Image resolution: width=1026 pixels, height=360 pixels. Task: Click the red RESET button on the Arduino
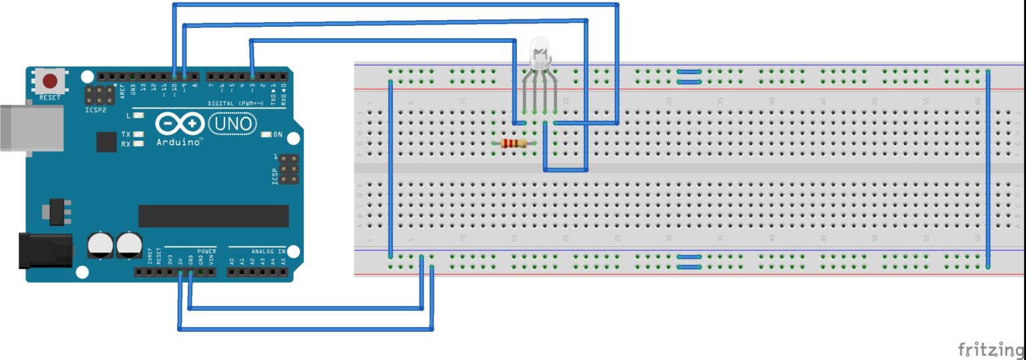[x=50, y=81]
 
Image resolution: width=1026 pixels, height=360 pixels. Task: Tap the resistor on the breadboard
[x=513, y=143]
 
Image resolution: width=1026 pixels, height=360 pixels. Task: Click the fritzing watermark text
[x=991, y=349]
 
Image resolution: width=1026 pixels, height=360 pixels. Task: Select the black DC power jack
[x=45, y=250]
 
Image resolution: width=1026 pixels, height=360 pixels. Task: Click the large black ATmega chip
[x=213, y=216]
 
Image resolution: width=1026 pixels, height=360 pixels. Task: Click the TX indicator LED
[x=138, y=134]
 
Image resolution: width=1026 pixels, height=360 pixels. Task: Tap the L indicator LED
[x=138, y=116]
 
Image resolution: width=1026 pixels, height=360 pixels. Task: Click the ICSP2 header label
[x=96, y=109]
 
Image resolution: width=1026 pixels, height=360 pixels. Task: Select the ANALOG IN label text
[x=268, y=251]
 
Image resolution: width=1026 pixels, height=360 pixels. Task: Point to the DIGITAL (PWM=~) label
[x=236, y=104]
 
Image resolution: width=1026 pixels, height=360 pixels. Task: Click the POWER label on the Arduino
[x=206, y=251]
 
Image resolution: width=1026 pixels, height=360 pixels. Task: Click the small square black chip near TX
[x=106, y=142]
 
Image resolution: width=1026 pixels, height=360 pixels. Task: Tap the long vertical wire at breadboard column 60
[x=988, y=167]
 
